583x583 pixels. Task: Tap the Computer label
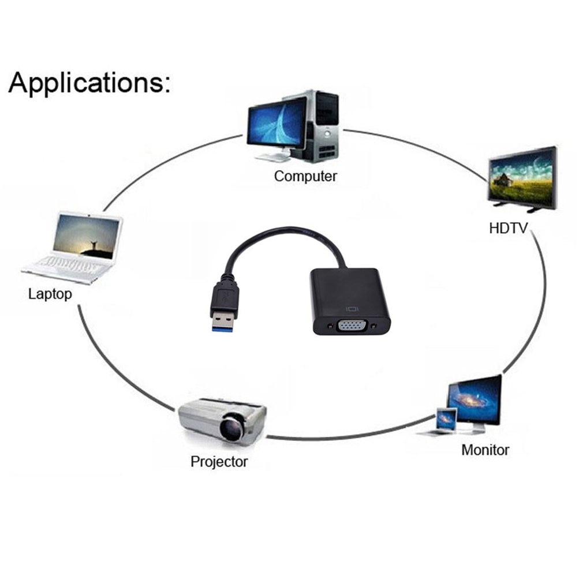[305, 176]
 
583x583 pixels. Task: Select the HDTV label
[508, 228]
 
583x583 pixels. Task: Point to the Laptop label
[50, 294]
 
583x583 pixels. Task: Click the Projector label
[219, 461]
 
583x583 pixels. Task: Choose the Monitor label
[485, 449]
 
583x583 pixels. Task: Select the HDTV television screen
[522, 176]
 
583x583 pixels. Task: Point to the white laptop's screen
[87, 237]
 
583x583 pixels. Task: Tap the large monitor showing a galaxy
[475, 399]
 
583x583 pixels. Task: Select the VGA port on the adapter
[352, 326]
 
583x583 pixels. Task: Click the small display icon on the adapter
[352, 308]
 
